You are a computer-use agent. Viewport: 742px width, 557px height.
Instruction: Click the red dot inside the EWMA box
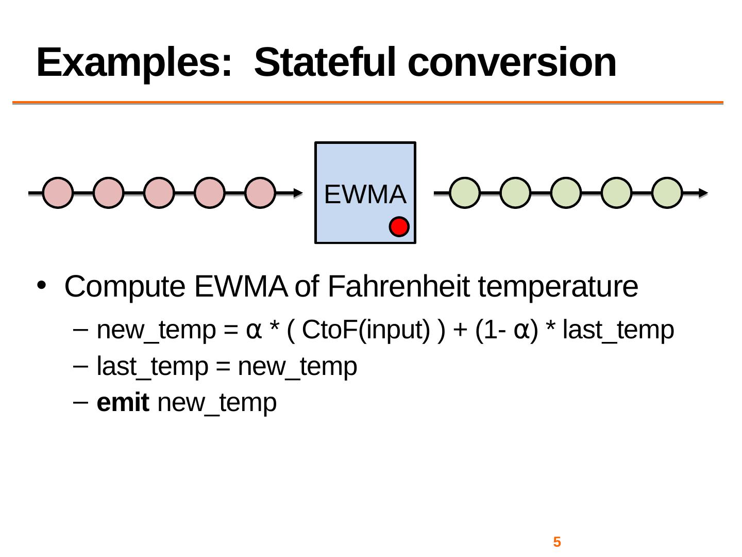(399, 226)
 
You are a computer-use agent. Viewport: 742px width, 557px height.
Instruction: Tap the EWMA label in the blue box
(365, 194)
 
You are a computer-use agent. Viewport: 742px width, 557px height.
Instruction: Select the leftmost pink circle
(58, 193)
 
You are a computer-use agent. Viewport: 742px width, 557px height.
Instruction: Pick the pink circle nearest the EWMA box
(260, 193)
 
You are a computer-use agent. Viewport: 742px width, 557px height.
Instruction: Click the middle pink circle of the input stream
(159, 193)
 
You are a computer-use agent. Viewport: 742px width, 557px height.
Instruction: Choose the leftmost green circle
(465, 193)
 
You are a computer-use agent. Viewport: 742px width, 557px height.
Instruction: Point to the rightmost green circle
(667, 193)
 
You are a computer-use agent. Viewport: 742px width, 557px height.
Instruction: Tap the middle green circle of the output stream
(566, 193)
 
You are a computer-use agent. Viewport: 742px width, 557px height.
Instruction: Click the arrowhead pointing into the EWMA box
(298, 193)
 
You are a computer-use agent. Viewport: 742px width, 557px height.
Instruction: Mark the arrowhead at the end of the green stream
(703, 193)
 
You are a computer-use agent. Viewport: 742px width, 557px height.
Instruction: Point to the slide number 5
(557, 542)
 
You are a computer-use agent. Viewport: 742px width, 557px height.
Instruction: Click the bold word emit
(123, 402)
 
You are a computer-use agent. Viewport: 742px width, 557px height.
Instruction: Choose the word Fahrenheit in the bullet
(398, 286)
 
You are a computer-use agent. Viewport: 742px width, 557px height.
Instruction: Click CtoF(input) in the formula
(366, 330)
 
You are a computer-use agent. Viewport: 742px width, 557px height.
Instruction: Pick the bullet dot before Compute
(42, 285)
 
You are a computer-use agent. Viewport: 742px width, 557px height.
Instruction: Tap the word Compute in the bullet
(125, 287)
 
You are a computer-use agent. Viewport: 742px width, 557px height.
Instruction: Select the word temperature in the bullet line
(558, 287)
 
